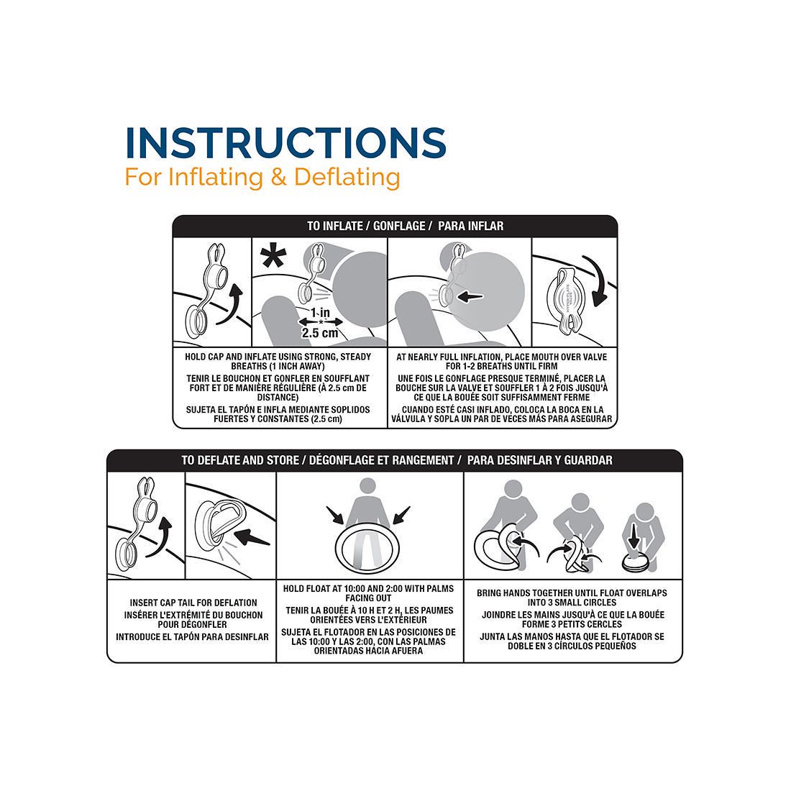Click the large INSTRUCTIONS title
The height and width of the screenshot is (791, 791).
[x=285, y=142]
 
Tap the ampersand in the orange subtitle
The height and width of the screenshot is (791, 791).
[x=278, y=177]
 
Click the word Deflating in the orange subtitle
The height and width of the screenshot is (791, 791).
[x=347, y=178]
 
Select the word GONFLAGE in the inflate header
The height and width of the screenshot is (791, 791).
[x=399, y=226]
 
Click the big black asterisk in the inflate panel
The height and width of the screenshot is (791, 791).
[x=273, y=257]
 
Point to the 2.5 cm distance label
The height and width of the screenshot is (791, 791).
[x=320, y=333]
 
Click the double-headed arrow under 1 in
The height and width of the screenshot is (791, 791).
[x=321, y=321]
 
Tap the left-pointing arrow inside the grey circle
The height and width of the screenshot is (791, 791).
[x=470, y=297]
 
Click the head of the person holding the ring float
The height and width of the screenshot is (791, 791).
[x=367, y=487]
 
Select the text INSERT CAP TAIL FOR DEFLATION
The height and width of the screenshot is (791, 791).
[x=193, y=603]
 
